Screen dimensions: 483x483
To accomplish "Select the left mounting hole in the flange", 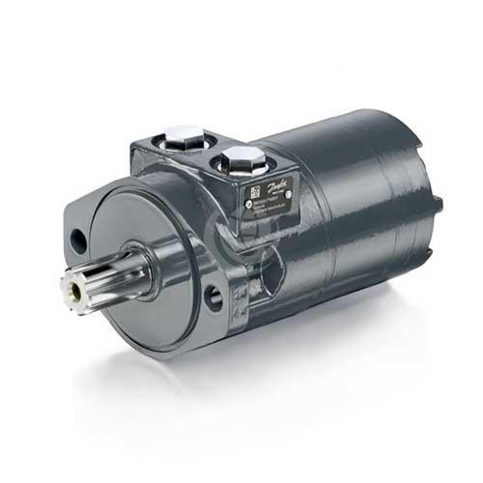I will (x=77, y=237).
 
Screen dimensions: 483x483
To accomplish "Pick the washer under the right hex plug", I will (x=240, y=172).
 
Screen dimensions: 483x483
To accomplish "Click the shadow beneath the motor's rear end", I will (x=386, y=299).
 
